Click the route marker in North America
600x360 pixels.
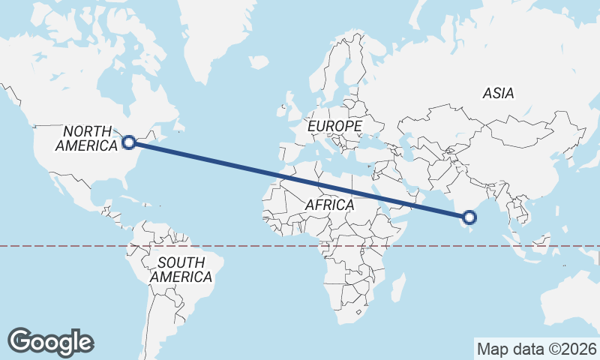128,142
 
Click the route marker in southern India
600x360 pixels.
469,217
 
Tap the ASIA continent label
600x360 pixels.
499,94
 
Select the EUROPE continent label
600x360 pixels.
335,126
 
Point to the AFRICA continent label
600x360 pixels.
329,205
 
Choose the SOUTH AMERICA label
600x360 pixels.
181,270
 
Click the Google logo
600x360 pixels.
51,342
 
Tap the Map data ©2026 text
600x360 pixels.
537,349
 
